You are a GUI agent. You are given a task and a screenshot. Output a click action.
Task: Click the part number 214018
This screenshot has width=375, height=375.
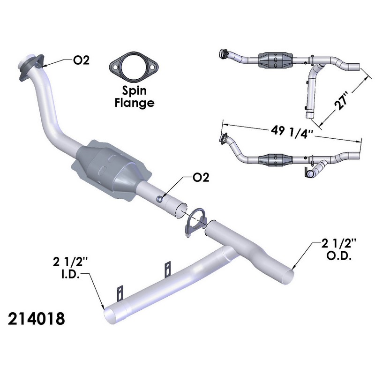coord(37,319)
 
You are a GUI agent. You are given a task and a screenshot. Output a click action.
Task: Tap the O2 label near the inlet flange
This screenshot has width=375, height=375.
coord(81,60)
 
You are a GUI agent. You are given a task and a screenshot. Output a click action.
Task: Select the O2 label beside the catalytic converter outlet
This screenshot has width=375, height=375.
coord(201,177)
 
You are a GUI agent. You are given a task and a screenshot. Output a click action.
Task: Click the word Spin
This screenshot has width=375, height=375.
coord(134,90)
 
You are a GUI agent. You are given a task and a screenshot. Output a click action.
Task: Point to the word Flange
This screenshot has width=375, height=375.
coord(135,103)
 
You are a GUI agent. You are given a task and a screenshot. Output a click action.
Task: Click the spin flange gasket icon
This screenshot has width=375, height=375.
coord(134,67)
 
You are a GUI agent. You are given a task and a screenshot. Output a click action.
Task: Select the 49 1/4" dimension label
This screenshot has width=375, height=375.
coord(292,132)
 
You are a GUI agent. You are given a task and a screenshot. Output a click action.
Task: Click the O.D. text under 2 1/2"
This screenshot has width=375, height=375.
coord(339,256)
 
